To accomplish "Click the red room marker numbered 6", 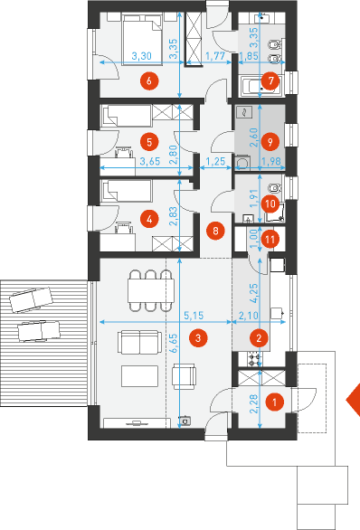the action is [x=149, y=81].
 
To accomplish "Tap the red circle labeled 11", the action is [x=270, y=240].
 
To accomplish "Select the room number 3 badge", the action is [x=198, y=338].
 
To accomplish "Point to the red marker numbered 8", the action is [x=215, y=231].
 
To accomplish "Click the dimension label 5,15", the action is [x=194, y=316].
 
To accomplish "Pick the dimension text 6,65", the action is [x=174, y=344].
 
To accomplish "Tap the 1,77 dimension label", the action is [x=215, y=55].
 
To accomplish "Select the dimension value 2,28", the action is [x=254, y=404].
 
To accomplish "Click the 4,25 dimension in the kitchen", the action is [x=254, y=293].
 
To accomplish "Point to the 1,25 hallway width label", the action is [x=215, y=161].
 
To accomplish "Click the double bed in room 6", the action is [x=142, y=39].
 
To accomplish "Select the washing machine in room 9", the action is [x=242, y=162].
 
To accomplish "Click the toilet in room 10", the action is [x=274, y=187].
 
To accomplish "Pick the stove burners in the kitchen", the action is [x=254, y=359].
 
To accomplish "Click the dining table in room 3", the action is [x=151, y=290].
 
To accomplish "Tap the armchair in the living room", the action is [x=184, y=376].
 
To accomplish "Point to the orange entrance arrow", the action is [x=354, y=400].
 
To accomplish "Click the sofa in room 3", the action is [x=139, y=343].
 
